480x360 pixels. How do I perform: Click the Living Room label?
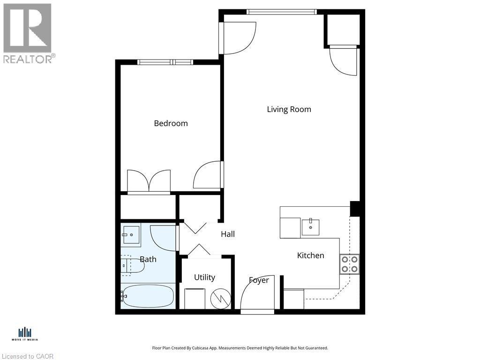tap(289, 109)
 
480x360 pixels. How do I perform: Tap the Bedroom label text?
tap(171, 123)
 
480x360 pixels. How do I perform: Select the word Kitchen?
tap(310, 255)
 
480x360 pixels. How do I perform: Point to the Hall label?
tap(228, 234)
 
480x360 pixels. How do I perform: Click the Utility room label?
tap(204, 277)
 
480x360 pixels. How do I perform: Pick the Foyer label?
tap(259, 280)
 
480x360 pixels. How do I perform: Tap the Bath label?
tap(148, 259)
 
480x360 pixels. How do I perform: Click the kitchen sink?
tap(310, 227)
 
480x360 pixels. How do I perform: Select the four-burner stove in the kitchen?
tap(349, 264)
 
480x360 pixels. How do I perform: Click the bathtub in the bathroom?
tap(148, 296)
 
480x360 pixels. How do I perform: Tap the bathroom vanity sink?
tap(131, 235)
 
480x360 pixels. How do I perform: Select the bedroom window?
tap(165, 62)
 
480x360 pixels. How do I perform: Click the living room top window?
tap(281, 12)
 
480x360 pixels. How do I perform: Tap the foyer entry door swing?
tap(256, 293)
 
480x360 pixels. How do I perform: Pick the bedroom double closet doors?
tap(149, 182)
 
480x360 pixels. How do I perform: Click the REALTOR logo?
tap(28, 32)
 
